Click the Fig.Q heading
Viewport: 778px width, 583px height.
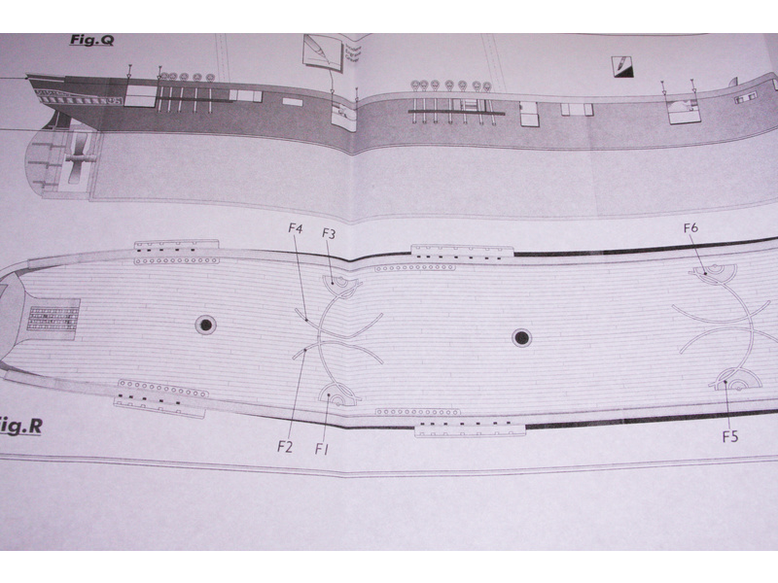(x=91, y=40)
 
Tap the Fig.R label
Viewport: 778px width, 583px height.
(x=20, y=427)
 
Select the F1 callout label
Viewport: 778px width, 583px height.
(x=322, y=449)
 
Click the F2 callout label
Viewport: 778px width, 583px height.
(x=284, y=447)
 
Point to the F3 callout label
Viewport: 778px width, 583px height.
(x=329, y=233)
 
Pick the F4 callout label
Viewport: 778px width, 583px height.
(x=296, y=228)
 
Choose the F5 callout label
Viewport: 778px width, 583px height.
(x=730, y=436)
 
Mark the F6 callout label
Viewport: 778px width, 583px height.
(x=690, y=227)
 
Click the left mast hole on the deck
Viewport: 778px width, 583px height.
(x=205, y=326)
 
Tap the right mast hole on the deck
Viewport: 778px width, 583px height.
(x=521, y=338)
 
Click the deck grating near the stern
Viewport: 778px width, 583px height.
(x=53, y=319)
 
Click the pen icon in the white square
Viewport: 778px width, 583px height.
(x=324, y=52)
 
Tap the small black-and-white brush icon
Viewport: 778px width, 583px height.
(x=623, y=66)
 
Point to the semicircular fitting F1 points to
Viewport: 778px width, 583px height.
(x=336, y=395)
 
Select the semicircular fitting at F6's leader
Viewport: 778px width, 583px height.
(x=715, y=271)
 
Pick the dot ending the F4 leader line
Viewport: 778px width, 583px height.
(x=306, y=321)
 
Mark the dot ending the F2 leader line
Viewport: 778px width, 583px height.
(x=305, y=350)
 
